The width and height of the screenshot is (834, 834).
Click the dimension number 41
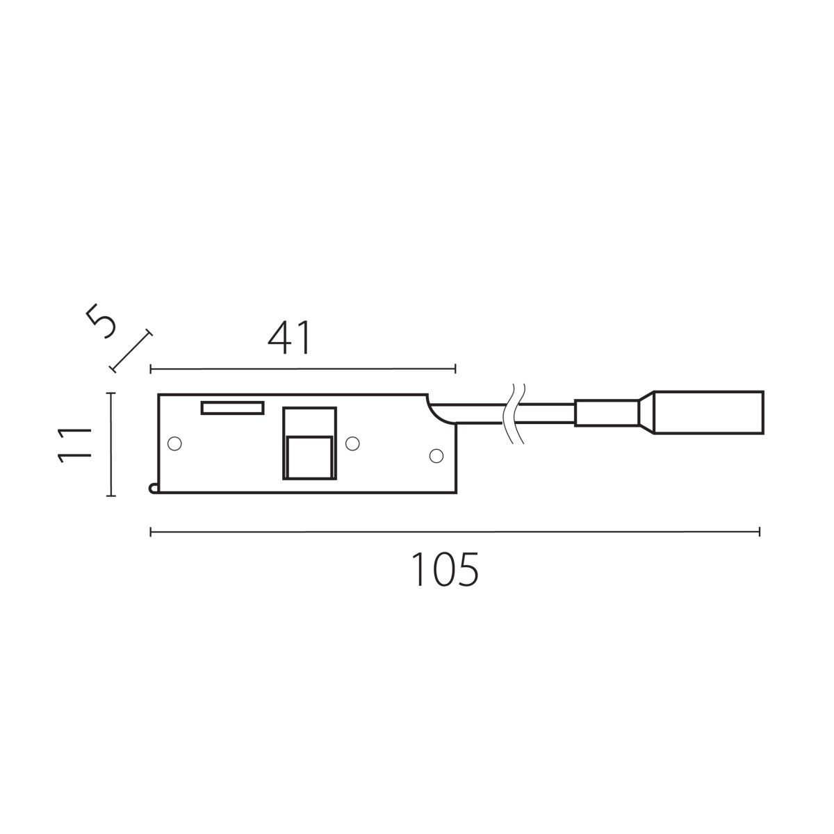pos(290,338)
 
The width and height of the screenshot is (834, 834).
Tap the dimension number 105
pos(445,570)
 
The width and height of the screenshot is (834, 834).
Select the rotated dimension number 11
pos(74,445)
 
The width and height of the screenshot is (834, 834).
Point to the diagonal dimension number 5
pos(101,321)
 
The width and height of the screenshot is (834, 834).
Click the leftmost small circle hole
pos(174,443)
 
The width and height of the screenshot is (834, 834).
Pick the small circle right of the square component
pos(352,443)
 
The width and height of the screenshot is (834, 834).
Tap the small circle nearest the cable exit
pos(436,456)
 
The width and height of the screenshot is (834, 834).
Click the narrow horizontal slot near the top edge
pos(232,408)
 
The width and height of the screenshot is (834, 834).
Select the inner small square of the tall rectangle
pos(310,457)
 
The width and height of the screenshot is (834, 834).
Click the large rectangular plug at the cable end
pos(708,412)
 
